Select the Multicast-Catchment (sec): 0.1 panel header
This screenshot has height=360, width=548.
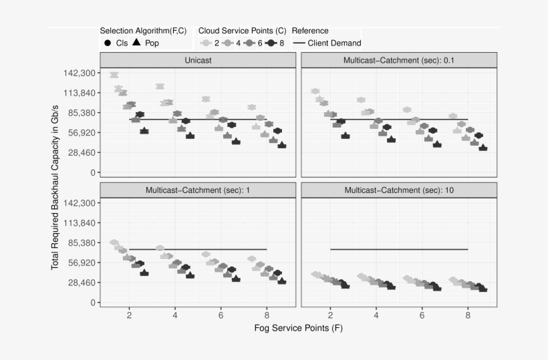[399, 60]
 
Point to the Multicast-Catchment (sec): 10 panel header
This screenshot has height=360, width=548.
[399, 190]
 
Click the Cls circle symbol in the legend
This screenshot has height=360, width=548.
[108, 43]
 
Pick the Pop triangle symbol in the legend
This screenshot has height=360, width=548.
[136, 43]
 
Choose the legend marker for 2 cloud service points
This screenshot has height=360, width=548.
[207, 43]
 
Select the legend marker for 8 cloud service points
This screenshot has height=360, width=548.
[271, 43]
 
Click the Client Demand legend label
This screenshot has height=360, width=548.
[334, 43]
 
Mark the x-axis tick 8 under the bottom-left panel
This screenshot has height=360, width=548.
[267, 315]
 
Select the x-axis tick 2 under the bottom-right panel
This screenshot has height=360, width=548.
[330, 315]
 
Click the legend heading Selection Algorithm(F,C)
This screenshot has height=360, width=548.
[143, 31]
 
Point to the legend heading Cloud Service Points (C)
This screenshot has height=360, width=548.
[242, 31]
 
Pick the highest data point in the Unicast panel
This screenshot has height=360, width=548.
[114, 75]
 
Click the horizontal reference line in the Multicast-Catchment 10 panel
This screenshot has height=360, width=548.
[399, 249]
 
